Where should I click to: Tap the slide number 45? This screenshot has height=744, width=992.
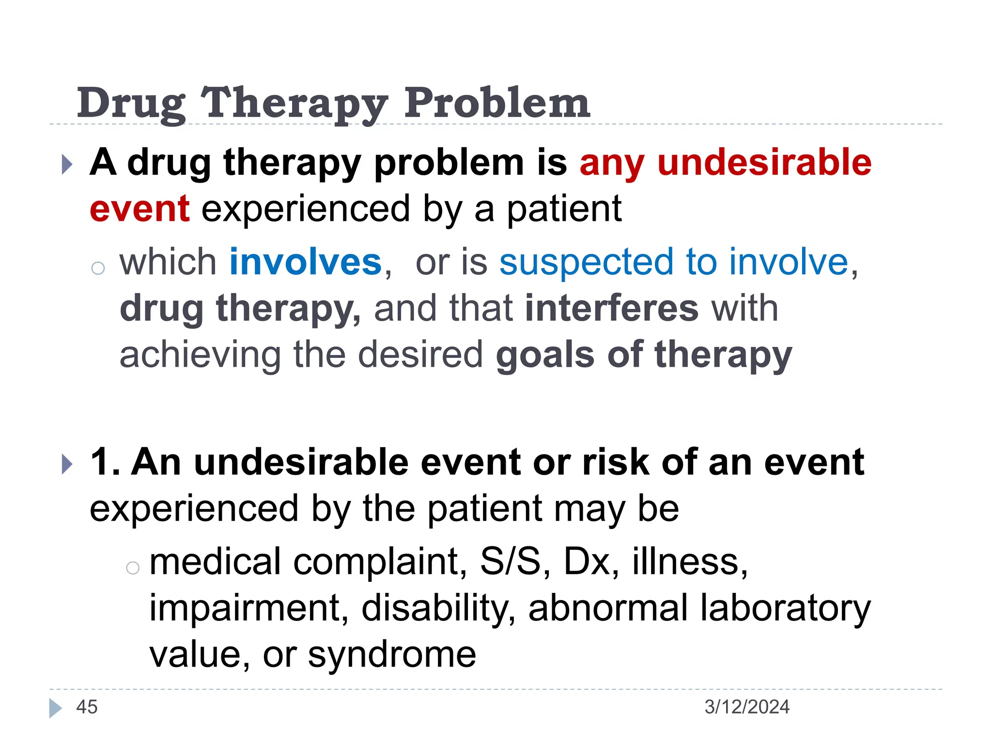pos(87,707)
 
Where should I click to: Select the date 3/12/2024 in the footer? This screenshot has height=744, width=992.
pos(746,707)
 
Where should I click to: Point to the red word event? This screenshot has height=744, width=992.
pos(139,209)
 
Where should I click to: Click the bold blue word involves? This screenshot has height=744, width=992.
pos(306,262)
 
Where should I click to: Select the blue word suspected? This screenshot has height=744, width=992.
pos(587,262)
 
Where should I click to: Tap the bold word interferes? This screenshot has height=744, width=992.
pos(612,308)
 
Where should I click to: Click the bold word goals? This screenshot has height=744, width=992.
pos(545,355)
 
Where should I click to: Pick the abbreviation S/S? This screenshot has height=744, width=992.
pos(510,561)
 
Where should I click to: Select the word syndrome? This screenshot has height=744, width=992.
pos(392,655)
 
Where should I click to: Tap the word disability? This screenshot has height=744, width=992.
pos(438,608)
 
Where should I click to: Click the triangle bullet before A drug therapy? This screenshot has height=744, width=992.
pos(67,165)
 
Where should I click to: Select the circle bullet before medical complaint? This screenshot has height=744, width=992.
pos(132,568)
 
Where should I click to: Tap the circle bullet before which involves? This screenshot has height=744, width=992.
pos(98,268)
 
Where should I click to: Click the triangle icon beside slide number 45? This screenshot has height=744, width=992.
pos(55,708)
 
